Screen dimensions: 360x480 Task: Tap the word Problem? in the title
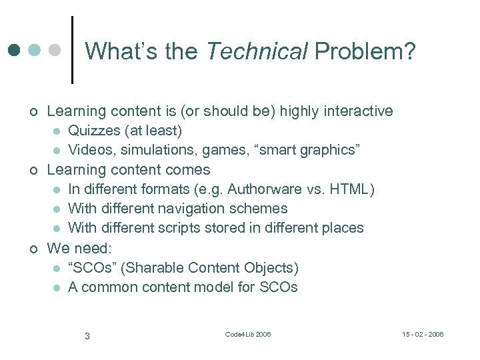(x=365, y=51)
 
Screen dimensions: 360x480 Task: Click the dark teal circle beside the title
(x=15, y=50)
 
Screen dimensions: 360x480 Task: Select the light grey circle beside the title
(x=55, y=50)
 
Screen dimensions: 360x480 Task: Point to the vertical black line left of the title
(x=71, y=50)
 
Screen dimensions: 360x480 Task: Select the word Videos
(x=90, y=149)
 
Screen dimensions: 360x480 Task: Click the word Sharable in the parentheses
(x=154, y=268)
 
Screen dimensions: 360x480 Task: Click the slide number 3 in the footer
(x=87, y=335)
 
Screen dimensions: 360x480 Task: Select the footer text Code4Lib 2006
(x=248, y=334)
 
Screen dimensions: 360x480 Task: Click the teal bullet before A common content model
(x=57, y=288)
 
